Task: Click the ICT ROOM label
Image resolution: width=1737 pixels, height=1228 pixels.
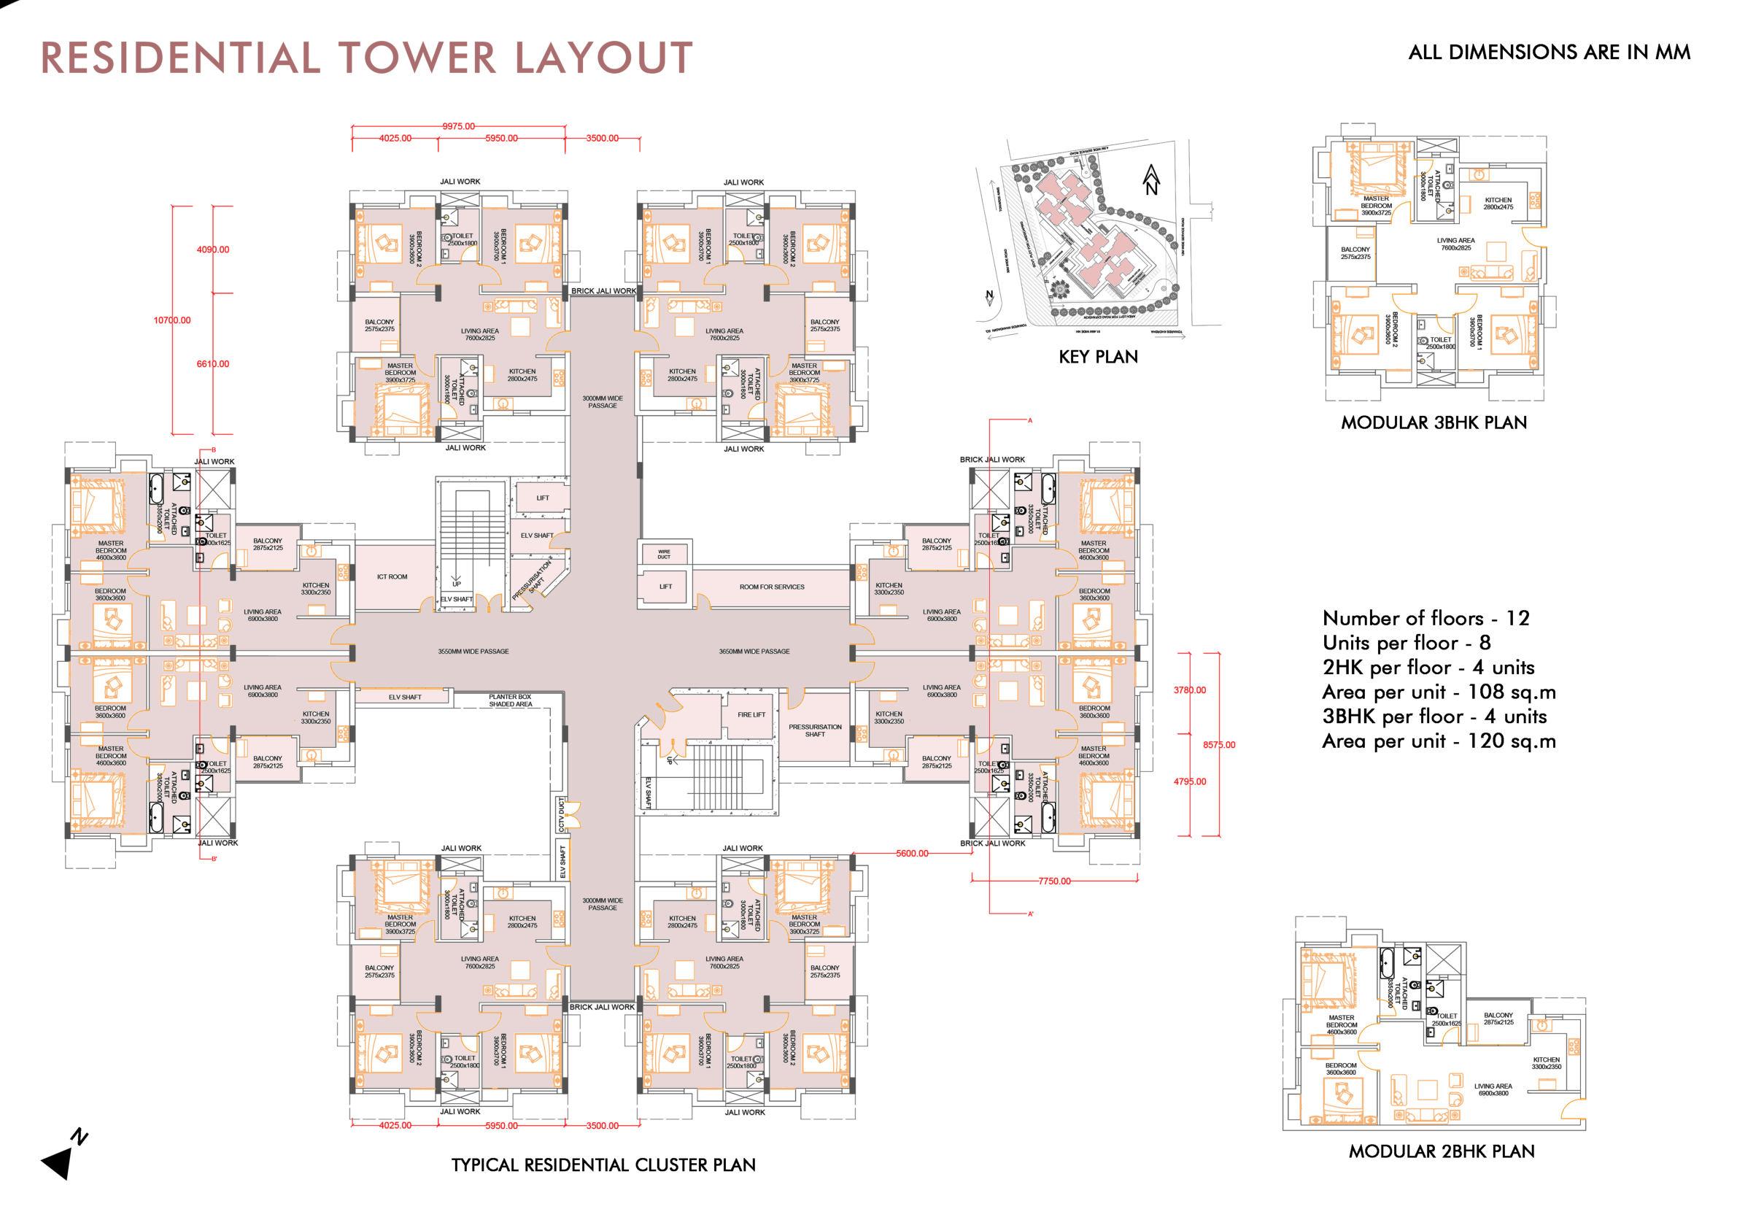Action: click(392, 577)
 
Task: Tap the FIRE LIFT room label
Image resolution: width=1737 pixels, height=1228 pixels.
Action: click(751, 715)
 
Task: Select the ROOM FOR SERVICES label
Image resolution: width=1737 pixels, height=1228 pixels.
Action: click(772, 587)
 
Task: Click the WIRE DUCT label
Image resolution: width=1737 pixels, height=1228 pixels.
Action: click(663, 555)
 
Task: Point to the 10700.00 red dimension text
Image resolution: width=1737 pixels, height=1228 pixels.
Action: click(172, 321)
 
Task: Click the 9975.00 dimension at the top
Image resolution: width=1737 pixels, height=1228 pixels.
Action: click(458, 126)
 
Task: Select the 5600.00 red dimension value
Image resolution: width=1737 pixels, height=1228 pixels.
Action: click(913, 854)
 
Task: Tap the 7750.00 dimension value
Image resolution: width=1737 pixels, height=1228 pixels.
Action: click(1055, 881)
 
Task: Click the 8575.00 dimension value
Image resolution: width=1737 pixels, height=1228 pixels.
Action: click(1219, 745)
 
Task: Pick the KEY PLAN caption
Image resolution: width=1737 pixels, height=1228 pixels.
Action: click(1098, 357)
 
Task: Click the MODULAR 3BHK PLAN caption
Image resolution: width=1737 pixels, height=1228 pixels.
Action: click(1434, 423)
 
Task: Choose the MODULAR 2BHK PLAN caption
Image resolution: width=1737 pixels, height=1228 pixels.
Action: click(1442, 1151)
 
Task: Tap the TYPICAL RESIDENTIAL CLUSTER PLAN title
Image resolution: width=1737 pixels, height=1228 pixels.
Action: click(603, 1165)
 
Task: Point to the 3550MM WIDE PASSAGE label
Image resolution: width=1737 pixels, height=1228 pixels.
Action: click(473, 652)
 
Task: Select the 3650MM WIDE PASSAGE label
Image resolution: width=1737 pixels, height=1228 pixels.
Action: click(754, 652)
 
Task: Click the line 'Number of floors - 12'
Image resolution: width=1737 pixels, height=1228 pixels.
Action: click(1425, 618)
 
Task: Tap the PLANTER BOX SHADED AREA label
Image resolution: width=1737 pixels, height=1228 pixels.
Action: click(510, 700)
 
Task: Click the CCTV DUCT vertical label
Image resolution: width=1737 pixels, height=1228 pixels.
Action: click(561, 815)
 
